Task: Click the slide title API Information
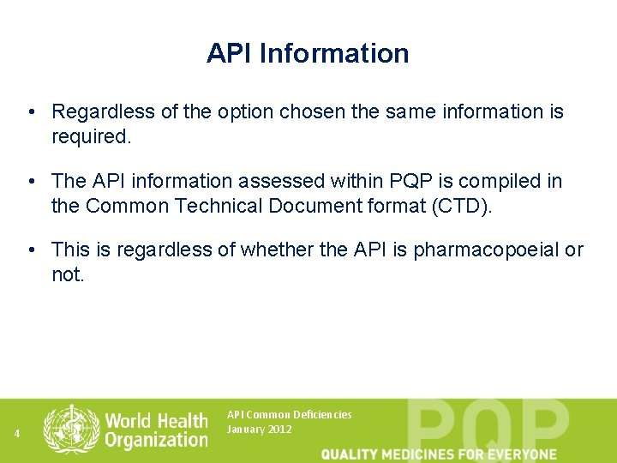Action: pyautogui.click(x=308, y=53)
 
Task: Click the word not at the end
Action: pyautogui.click(x=67, y=274)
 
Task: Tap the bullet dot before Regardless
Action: pyautogui.click(x=30, y=112)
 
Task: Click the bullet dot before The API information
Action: pyautogui.click(x=30, y=182)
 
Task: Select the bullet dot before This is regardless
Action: pyautogui.click(x=30, y=250)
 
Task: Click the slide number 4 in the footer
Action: pyautogui.click(x=17, y=434)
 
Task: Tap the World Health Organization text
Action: pyautogui.click(x=156, y=430)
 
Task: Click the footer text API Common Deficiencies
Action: pyautogui.click(x=289, y=415)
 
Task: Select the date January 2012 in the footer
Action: pyautogui.click(x=259, y=430)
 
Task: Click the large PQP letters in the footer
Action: pyautogui.click(x=488, y=425)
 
